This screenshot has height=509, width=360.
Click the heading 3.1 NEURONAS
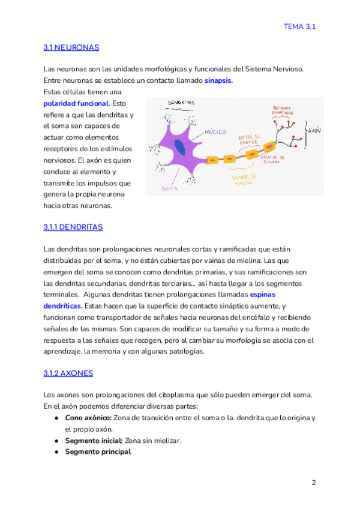coord(71,47)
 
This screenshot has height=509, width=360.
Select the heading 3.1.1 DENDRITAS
coord(73,227)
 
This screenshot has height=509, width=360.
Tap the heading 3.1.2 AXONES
coord(68,373)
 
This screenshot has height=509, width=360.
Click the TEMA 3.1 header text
coord(300,26)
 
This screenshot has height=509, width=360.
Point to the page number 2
coord(313,483)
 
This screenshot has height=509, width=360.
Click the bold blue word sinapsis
coord(218,80)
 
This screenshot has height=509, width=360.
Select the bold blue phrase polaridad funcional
coord(76,103)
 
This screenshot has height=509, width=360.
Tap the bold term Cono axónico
coord(88,418)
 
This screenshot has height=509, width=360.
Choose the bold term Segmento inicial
coord(94,441)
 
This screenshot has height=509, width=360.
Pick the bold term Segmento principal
coord(98,452)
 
